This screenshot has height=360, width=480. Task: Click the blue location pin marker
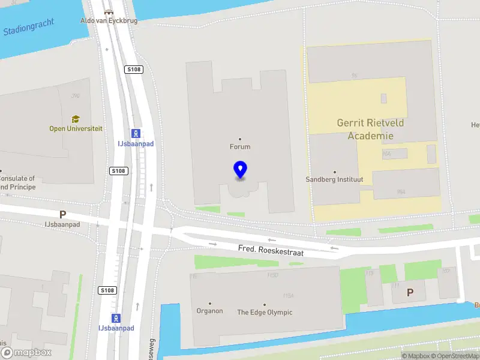coord(240,170)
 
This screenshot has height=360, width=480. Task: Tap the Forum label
coord(240,146)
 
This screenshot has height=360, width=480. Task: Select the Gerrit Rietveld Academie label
coord(370,129)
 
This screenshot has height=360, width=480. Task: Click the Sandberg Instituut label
coord(335,179)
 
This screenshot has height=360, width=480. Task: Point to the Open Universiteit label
coord(76,128)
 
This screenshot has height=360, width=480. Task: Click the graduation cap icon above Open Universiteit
coord(76,119)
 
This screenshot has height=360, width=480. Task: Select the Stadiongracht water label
coord(29,26)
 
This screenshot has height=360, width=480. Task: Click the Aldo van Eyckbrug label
coord(108,20)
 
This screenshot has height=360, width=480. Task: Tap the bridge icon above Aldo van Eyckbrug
coord(108,12)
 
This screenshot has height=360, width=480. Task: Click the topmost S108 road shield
coord(133,70)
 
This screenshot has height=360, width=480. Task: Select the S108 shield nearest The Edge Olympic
coord(106,290)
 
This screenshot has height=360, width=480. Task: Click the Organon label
coord(209,311)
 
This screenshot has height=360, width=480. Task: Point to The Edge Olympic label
coord(265,312)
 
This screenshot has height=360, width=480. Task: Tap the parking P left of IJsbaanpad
coord(62,214)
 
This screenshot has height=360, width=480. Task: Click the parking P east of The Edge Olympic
coord(410,292)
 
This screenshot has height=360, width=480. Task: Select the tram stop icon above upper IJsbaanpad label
coord(136,133)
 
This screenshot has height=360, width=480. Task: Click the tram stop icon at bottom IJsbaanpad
coord(116,318)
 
